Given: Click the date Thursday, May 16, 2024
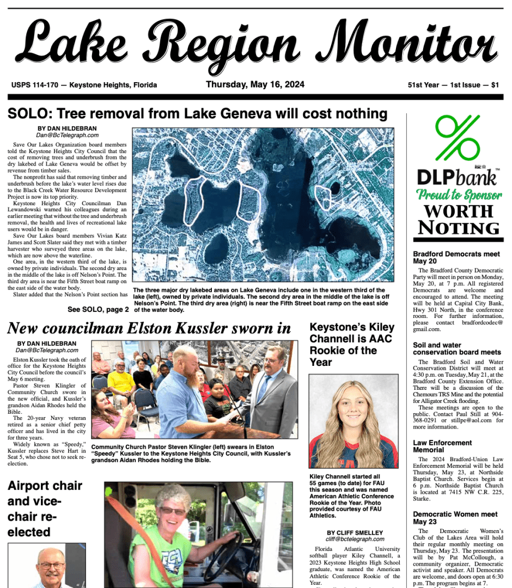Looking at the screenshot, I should coord(255,84).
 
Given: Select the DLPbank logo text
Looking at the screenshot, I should coord(457,177).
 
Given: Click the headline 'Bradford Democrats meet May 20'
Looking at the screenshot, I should coord(456,258).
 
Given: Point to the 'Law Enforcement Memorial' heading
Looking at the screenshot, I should coord(442,446).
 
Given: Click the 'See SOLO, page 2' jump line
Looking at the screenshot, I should coord(98,309).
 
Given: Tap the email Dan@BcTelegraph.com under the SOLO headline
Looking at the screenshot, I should coord(68,135).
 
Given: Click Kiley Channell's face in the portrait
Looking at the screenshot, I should coord(353,409).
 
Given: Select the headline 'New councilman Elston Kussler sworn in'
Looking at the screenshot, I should coord(149,328).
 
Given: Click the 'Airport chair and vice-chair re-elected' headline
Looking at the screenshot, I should coord(45,509).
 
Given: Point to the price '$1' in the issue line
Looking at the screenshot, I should coord(495,85).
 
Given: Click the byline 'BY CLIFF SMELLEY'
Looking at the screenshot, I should coord(355,532).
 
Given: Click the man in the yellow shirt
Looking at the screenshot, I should coord(121,381).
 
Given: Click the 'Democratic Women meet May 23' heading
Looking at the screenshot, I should coord(455,518).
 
